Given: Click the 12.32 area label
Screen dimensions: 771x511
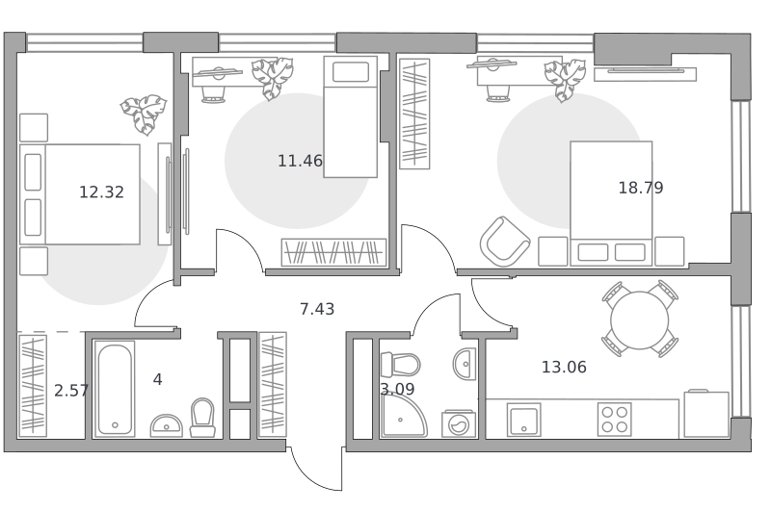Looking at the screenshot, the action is point(101,192).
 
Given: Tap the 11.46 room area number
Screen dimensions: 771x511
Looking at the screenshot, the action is point(300,161).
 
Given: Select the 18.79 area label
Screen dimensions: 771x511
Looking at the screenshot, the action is point(640,188).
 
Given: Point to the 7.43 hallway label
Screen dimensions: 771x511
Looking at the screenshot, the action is point(317,309).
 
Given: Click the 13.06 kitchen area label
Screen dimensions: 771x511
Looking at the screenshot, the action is point(564,367).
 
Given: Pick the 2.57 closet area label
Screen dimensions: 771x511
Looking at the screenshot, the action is point(71,391).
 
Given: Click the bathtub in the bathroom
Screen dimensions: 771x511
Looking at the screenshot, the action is point(115,389).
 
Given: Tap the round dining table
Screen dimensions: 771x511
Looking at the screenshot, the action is point(640,320).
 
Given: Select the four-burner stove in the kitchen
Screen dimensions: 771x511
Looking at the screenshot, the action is point(615,420).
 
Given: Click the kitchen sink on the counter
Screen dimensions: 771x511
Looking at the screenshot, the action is point(524,420).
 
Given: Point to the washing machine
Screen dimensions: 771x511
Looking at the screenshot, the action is point(459,423).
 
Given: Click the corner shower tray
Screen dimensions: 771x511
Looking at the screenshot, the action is point(403,416).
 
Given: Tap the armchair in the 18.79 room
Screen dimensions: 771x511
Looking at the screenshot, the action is point(504,241).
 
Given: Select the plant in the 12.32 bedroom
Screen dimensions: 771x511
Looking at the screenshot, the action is point(144,115).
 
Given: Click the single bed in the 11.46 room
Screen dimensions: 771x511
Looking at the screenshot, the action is point(351,116).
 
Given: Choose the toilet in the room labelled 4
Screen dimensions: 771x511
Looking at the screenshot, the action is point(202,418).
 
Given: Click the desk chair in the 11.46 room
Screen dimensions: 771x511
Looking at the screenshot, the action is point(213,93).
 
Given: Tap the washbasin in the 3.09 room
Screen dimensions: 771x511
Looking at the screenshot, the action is point(465,364).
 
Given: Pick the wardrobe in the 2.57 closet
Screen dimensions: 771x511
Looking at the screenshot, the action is point(33,385).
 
